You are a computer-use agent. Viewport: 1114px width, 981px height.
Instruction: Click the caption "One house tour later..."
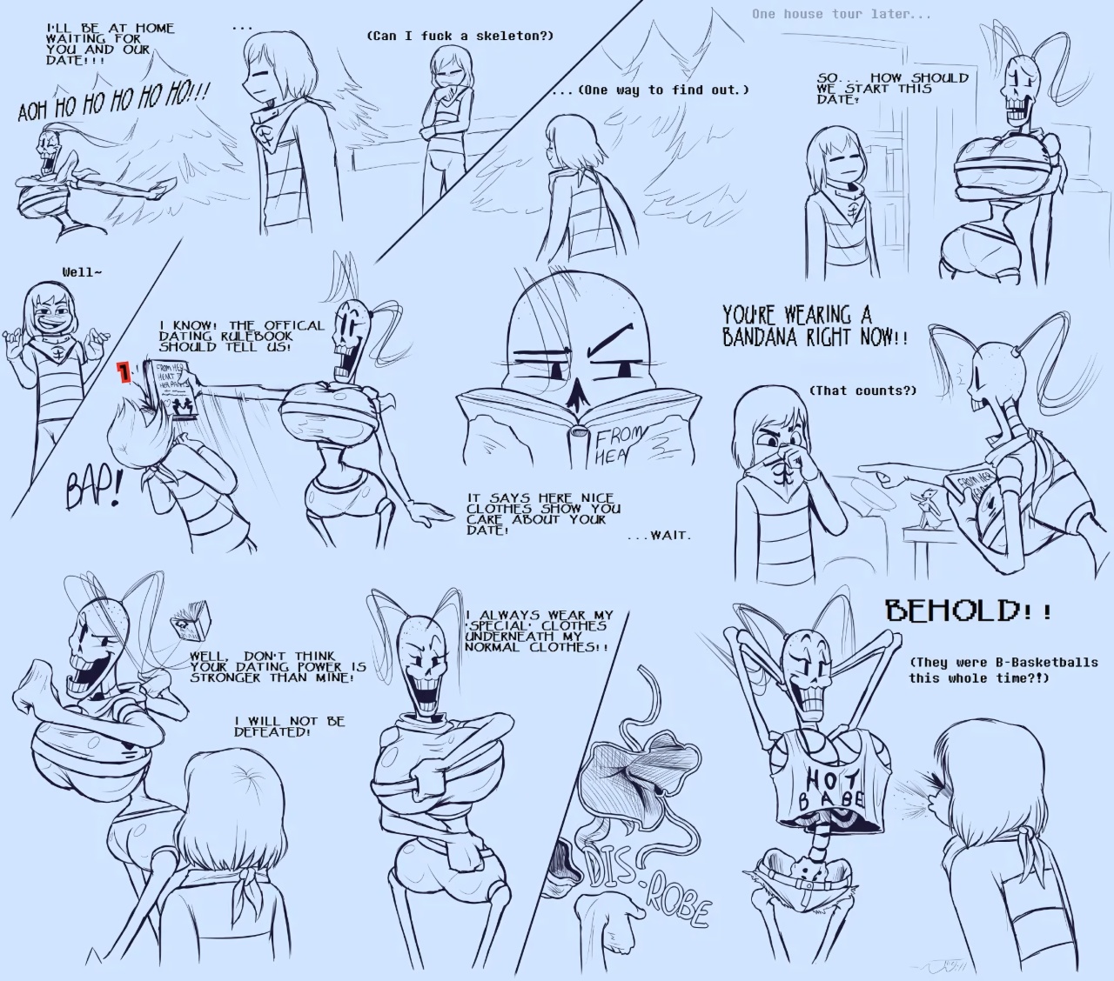coord(829,14)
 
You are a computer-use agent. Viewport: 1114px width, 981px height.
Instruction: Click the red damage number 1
coord(124,373)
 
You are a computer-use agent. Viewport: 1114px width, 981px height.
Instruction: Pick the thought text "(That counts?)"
coord(862,390)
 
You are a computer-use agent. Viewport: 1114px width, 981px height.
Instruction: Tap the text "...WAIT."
coord(659,535)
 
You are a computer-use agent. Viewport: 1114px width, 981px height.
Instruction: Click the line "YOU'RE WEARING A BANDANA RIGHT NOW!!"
coord(814,325)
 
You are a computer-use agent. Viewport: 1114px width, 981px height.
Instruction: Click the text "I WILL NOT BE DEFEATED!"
coord(289,726)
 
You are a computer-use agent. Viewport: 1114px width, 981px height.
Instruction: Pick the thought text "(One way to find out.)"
coord(651,90)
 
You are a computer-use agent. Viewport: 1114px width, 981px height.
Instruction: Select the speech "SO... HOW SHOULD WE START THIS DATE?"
coord(891,88)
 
